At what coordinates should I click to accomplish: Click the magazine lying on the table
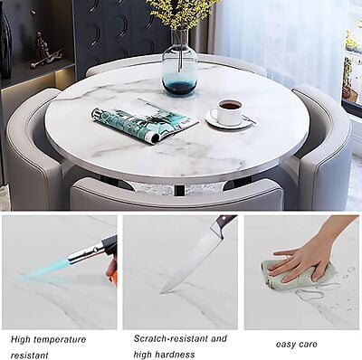pyautogui.click(x=145, y=120)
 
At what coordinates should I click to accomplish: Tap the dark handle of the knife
pyautogui.click(x=224, y=221)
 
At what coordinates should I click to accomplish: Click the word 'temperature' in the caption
pyautogui.click(x=60, y=339)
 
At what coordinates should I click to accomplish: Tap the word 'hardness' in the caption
pyautogui.click(x=176, y=354)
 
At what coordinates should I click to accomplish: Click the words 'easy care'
pyautogui.click(x=296, y=345)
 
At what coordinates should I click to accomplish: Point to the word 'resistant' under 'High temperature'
pyautogui.click(x=30, y=355)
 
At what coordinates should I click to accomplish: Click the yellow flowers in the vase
pyautogui.click(x=181, y=12)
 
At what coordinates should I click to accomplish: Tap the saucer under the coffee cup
pyautogui.click(x=228, y=120)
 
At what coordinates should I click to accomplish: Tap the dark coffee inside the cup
pyautogui.click(x=230, y=105)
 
